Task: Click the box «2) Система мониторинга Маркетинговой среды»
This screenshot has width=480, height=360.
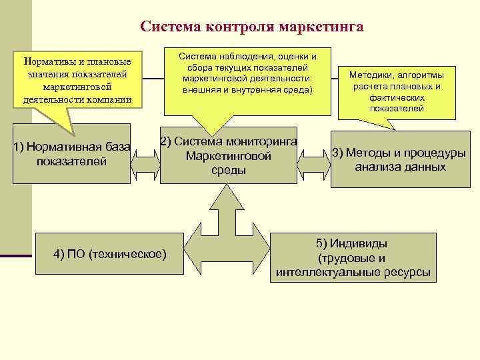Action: (229, 155)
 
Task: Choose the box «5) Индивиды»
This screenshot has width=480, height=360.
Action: (353, 257)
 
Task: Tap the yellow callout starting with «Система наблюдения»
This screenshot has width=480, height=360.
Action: (247, 73)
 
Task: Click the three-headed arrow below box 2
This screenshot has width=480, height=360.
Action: (227, 223)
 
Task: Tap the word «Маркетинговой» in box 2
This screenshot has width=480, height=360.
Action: (229, 156)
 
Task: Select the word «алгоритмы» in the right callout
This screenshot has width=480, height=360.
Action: (423, 75)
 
